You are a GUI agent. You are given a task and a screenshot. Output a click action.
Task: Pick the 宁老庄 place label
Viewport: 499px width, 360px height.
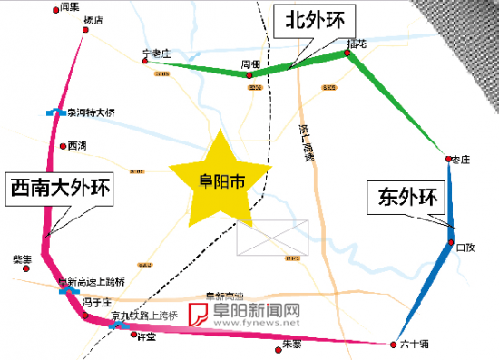(157, 54)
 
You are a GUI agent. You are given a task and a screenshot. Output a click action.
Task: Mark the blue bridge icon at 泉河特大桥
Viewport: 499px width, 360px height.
(51, 113)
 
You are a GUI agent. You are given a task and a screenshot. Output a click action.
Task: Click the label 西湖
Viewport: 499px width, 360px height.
(76, 145)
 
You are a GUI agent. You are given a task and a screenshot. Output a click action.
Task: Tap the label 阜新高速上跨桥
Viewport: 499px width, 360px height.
(96, 282)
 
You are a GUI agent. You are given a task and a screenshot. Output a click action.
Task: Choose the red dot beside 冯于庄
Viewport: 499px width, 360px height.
(85, 316)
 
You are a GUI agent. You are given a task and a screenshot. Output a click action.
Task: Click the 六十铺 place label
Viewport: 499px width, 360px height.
(414, 345)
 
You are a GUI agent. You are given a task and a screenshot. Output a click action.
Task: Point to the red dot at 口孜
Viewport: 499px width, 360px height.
(449, 244)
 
